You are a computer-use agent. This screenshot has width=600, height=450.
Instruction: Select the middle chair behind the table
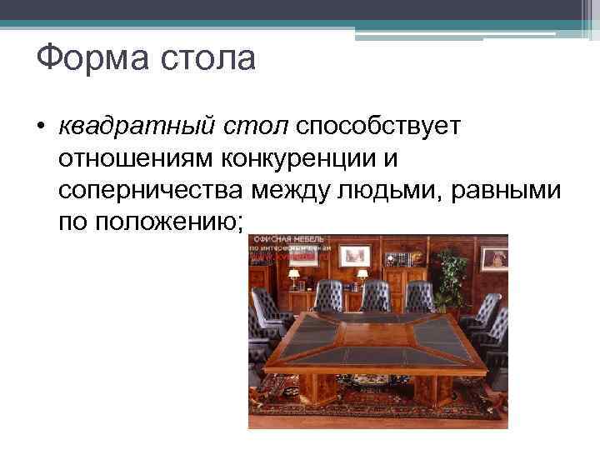376,296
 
